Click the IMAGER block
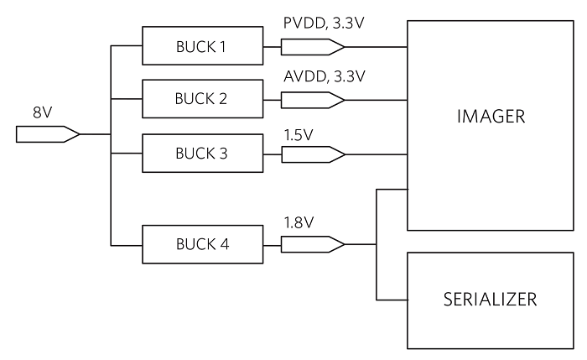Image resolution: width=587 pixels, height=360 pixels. (x=491, y=126)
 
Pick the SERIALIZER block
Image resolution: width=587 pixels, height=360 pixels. (x=491, y=299)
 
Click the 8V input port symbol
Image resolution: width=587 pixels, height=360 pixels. (x=47, y=134)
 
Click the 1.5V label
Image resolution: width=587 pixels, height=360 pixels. (x=299, y=134)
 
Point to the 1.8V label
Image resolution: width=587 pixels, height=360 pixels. (x=299, y=224)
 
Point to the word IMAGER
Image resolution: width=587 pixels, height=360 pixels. (x=491, y=117)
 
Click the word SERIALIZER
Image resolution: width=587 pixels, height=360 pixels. (x=491, y=299)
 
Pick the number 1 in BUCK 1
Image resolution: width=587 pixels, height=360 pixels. (x=222, y=46)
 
